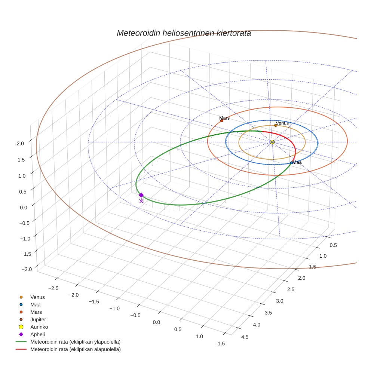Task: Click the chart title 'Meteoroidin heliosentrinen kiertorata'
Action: click(x=184, y=33)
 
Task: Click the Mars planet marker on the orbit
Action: click(x=221, y=120)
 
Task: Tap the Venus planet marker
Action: click(x=276, y=125)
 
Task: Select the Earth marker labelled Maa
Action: click(x=291, y=163)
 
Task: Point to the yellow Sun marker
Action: click(x=272, y=142)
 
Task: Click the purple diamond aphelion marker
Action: click(x=141, y=195)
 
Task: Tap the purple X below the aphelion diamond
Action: click(x=141, y=201)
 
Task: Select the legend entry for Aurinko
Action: click(x=39, y=327)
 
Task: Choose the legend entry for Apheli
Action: click(x=37, y=334)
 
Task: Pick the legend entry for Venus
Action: click(x=37, y=297)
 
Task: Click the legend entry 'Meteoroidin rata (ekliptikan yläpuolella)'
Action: click(x=75, y=342)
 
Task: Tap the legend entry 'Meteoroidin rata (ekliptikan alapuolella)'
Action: click(x=75, y=349)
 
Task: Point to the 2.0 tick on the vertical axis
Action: click(x=20, y=143)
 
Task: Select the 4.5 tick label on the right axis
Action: click(x=245, y=337)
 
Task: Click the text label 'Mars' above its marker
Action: click(x=224, y=118)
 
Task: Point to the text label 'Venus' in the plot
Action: click(x=282, y=123)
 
